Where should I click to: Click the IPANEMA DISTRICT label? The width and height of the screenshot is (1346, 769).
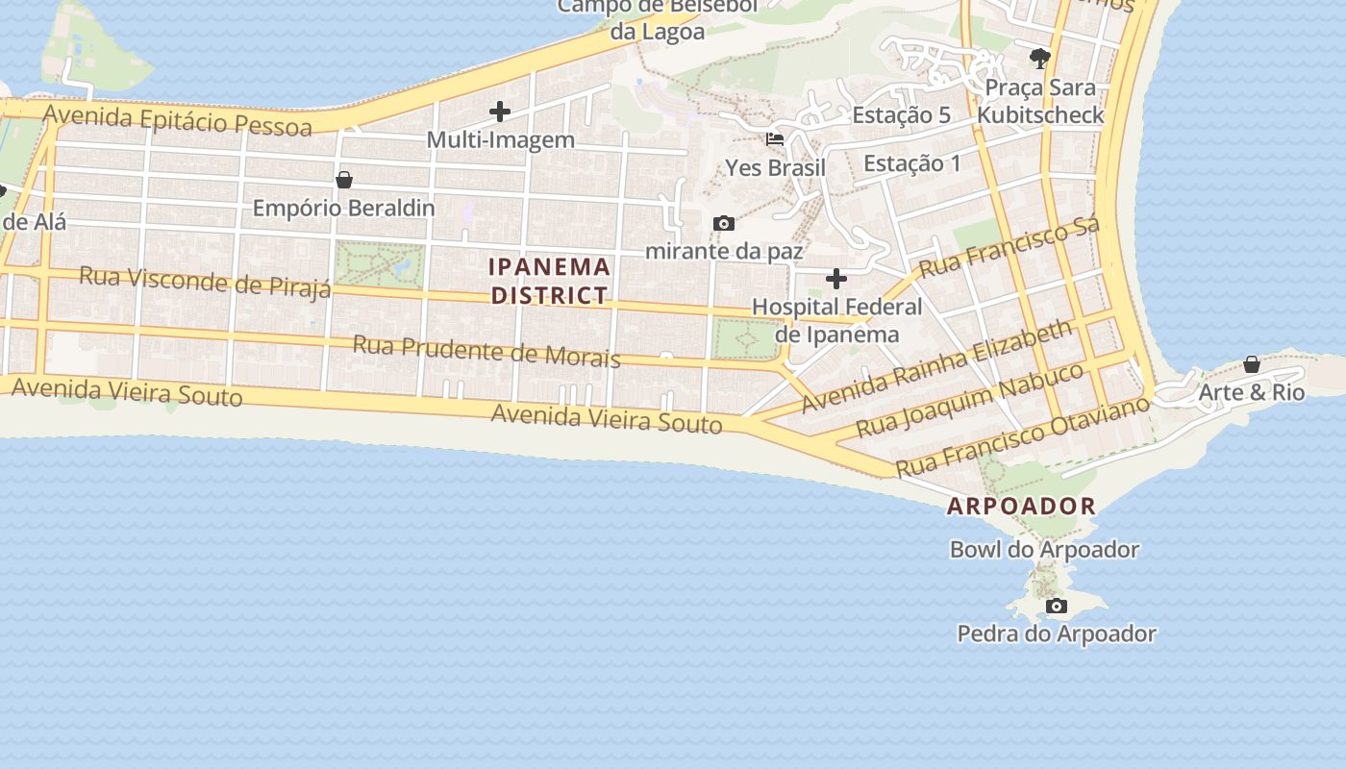click(549, 281)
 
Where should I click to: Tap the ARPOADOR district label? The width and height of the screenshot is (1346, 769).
click(1021, 507)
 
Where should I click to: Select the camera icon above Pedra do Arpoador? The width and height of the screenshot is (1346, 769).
click(1057, 606)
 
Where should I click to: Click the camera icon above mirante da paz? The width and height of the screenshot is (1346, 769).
click(724, 223)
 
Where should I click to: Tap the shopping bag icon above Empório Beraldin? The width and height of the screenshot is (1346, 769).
click(344, 180)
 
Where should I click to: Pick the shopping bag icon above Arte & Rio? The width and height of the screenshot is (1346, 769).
click(1252, 364)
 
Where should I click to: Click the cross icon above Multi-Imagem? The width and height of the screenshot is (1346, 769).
click(500, 112)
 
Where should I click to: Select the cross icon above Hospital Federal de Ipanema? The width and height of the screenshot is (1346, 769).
click(836, 279)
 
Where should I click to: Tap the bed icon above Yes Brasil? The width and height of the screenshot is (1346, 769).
click(775, 138)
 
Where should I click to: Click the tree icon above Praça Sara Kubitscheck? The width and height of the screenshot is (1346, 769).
click(1039, 59)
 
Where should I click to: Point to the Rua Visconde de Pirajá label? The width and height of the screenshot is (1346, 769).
click(205, 283)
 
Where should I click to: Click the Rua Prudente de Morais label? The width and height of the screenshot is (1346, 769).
click(486, 351)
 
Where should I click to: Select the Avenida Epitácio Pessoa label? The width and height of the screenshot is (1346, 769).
click(178, 120)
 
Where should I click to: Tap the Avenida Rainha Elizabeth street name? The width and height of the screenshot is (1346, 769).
click(936, 366)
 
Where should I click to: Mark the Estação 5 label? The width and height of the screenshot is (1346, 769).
click(901, 115)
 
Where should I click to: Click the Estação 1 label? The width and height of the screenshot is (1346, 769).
click(911, 163)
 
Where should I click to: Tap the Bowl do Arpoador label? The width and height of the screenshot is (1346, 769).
click(1044, 550)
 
